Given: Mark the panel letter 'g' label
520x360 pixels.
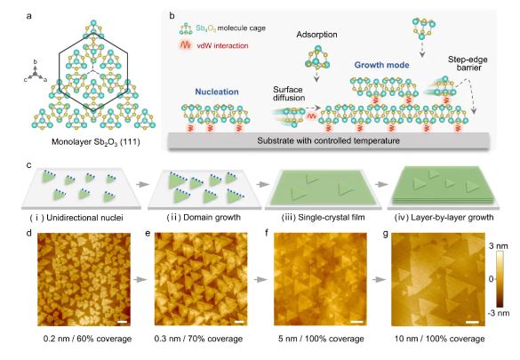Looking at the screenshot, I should [x=382, y=233].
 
